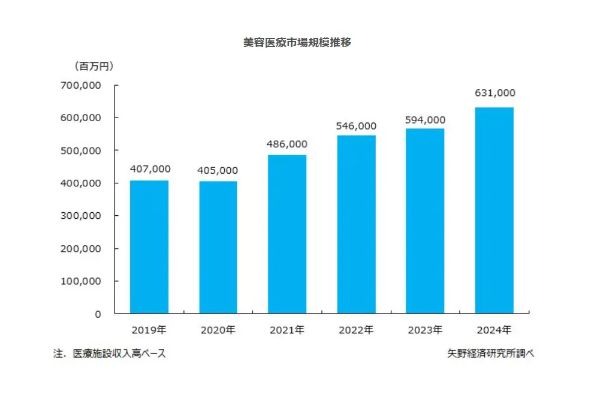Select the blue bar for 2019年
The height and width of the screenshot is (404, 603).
(150, 247)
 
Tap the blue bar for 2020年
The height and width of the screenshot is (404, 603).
(218, 247)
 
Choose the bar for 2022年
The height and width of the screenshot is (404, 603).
(356, 224)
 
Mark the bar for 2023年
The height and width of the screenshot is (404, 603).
(425, 221)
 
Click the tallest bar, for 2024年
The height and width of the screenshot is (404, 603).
(494, 210)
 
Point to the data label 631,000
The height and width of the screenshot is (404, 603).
(494, 93)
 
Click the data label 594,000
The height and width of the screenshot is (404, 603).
(425, 120)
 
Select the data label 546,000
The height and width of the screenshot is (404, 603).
(356, 126)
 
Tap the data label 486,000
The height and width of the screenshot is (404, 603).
(287, 144)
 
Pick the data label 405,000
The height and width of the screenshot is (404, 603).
(218, 171)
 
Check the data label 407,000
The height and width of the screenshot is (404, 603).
(150, 169)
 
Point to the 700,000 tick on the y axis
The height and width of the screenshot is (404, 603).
(81, 85)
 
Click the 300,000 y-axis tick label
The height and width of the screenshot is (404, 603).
(81, 216)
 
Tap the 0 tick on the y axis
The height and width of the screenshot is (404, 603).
(97, 314)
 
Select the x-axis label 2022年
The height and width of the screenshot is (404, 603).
(356, 330)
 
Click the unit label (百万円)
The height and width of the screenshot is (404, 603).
(93, 65)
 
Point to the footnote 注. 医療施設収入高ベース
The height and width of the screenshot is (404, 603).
(109, 354)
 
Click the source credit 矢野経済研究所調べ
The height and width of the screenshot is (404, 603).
(487, 354)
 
